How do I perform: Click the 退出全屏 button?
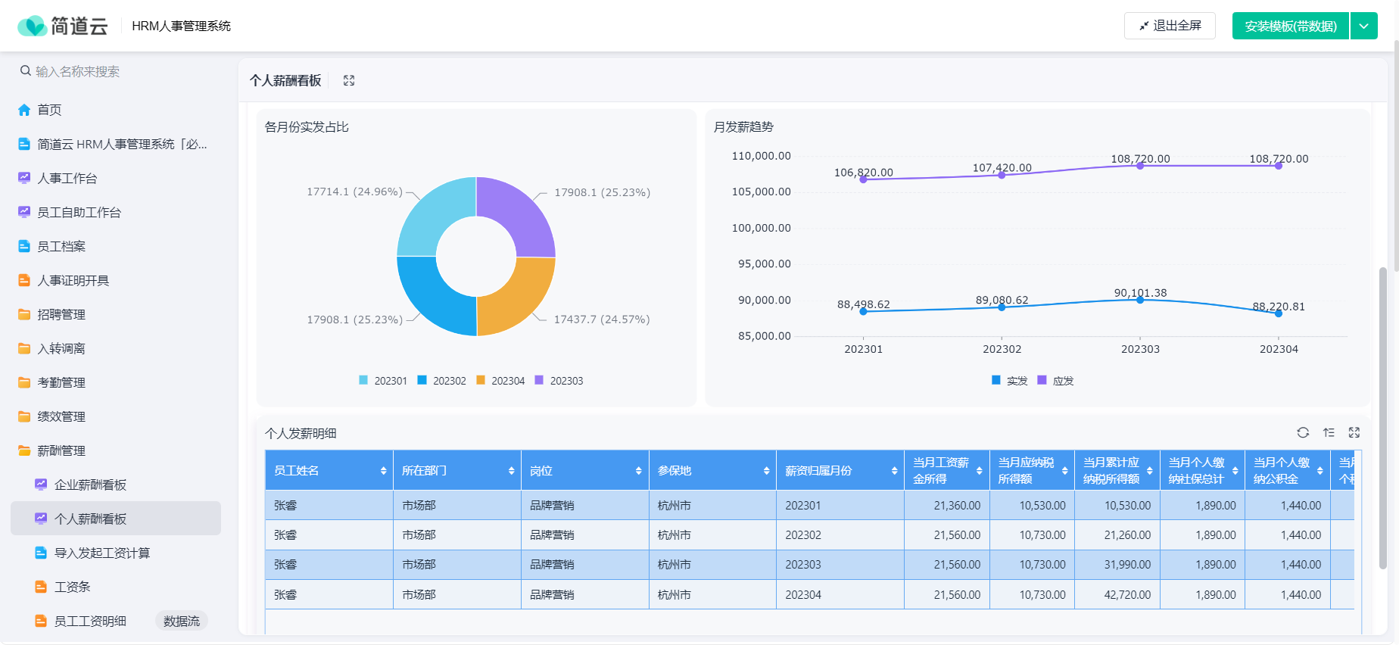1170,26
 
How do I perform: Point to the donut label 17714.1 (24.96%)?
354,192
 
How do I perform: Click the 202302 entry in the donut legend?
442,381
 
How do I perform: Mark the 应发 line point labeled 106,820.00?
863,179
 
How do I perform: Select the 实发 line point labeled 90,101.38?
1140,300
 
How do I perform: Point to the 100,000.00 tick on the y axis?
761,228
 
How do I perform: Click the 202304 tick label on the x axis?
1279,349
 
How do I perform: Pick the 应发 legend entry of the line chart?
1055,381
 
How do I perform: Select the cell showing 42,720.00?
1118,594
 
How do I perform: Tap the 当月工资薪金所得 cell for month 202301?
947,505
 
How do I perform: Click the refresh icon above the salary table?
1303,432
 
